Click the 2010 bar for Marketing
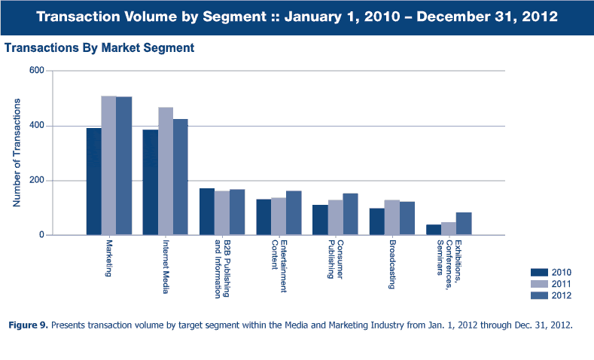coord(93,182)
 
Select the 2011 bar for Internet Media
coord(165,171)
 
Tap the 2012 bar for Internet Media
coord(180,177)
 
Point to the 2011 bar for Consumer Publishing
coord(335,218)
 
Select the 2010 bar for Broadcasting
coord(376,221)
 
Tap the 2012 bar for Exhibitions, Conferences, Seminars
coord(464,224)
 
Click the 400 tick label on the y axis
coord(35,126)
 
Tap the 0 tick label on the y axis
coord(41,235)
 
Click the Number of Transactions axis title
coord(17,153)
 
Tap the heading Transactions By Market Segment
coord(99,47)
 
